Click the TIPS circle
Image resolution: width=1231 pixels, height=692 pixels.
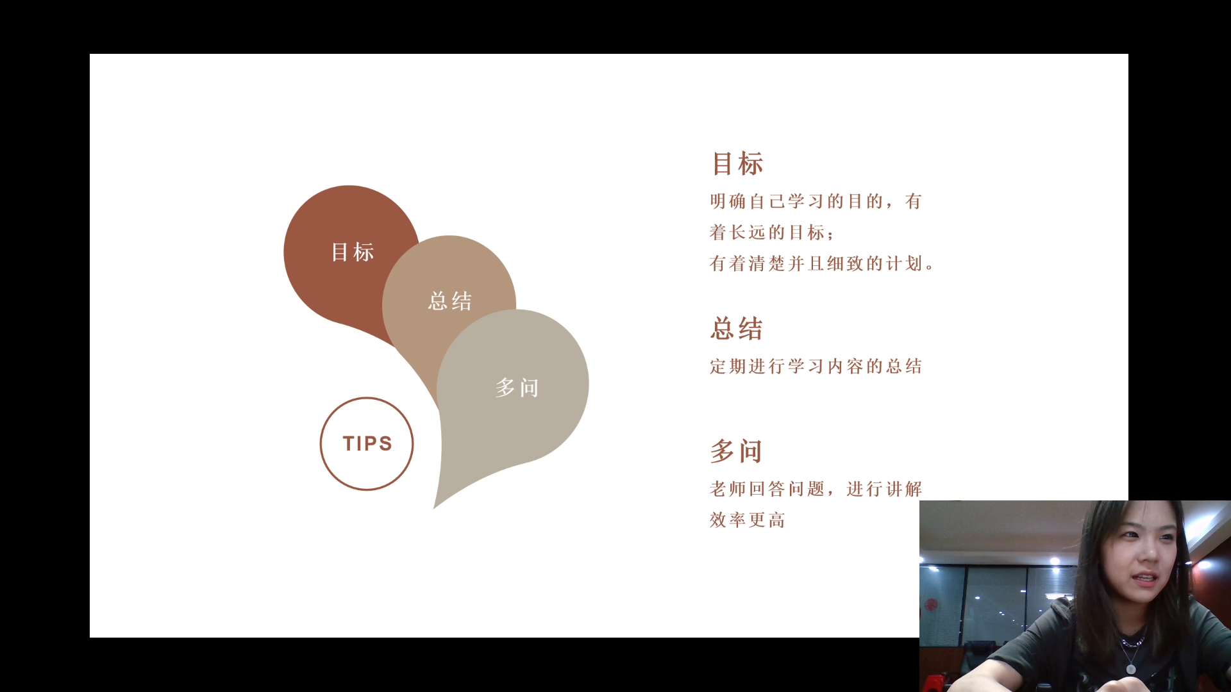click(x=367, y=399)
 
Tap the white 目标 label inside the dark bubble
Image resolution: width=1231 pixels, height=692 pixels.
click(x=353, y=252)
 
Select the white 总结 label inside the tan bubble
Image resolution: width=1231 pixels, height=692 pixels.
click(x=450, y=301)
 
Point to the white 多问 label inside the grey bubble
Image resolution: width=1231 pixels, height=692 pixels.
click(x=517, y=388)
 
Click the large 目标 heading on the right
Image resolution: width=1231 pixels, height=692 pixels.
click(x=737, y=163)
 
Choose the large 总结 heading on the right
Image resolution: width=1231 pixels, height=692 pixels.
click(x=737, y=329)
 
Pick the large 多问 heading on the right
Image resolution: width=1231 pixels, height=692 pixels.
click(x=736, y=451)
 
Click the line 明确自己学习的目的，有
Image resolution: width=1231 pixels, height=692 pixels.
click(x=816, y=201)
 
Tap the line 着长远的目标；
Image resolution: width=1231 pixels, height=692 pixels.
click(x=772, y=232)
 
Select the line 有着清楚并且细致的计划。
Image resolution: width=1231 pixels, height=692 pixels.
click(x=823, y=263)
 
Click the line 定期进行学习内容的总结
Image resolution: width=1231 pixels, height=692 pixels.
click(x=816, y=366)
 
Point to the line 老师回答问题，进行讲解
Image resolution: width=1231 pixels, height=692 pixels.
click(x=816, y=489)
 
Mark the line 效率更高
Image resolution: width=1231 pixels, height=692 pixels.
click(x=748, y=520)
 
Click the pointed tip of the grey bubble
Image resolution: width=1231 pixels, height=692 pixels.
click(x=435, y=508)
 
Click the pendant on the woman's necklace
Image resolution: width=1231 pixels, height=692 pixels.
click(x=1131, y=670)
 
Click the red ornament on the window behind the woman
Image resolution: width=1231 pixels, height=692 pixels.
click(x=932, y=604)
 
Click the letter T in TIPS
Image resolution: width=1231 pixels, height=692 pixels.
click(x=349, y=443)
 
